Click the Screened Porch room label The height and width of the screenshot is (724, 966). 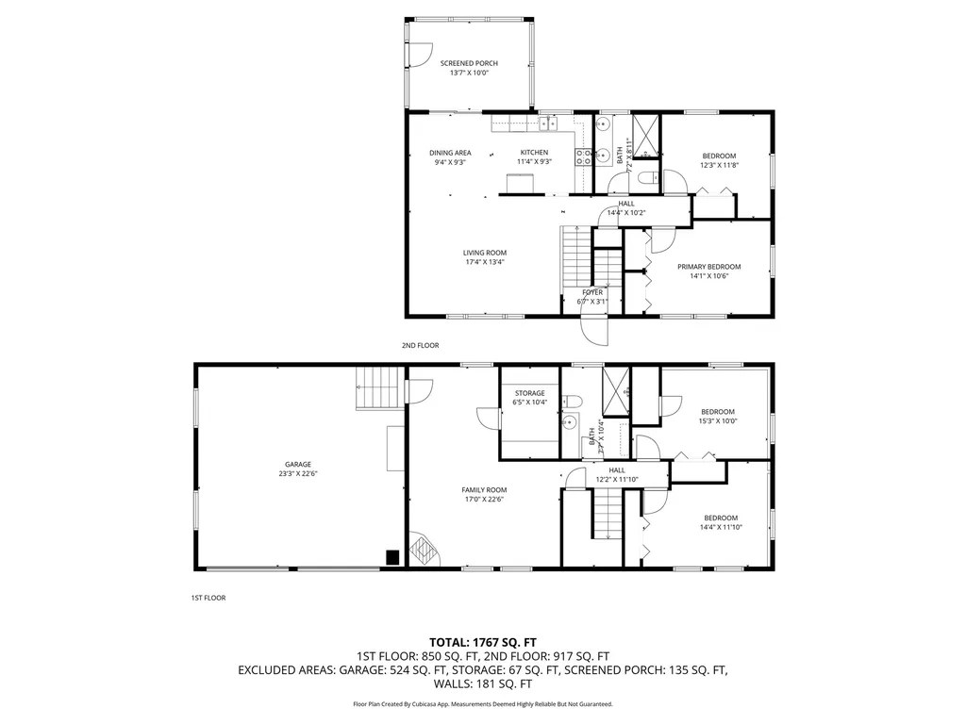click(x=469, y=63)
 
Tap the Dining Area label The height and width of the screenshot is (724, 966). click(x=450, y=153)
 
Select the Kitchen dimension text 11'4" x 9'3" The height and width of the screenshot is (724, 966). click(x=534, y=162)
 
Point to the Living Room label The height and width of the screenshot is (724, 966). click(x=484, y=253)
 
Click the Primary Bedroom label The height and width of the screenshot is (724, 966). click(x=708, y=267)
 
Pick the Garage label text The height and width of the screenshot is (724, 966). click(x=298, y=464)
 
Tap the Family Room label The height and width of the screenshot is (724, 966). click(x=484, y=489)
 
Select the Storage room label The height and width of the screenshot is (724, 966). click(x=529, y=393)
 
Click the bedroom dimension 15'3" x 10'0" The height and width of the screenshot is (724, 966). click(x=718, y=421)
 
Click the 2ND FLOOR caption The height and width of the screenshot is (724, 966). click(x=420, y=346)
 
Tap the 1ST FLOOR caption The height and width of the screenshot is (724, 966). click(x=208, y=598)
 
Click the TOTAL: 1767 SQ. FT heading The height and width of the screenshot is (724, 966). click(x=483, y=642)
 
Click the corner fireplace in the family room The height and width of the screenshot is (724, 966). click(x=424, y=551)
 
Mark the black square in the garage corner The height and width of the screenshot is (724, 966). click(x=392, y=557)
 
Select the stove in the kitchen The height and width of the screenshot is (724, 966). click(x=584, y=156)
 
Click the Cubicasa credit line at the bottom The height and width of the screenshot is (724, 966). click(x=483, y=704)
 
